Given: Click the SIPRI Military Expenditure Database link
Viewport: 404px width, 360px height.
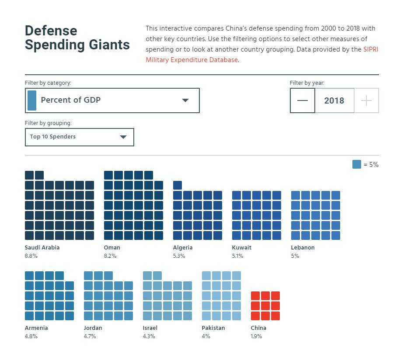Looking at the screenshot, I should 192,60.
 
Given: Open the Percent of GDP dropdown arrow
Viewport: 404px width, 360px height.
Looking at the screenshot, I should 185,100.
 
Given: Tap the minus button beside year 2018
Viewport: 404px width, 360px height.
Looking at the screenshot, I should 302,100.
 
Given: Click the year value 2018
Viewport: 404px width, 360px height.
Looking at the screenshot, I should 334,100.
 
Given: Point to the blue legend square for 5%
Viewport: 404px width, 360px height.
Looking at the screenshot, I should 357,164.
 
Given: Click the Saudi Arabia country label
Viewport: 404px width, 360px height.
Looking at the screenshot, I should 42,247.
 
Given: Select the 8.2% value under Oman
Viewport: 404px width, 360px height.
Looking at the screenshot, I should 110,256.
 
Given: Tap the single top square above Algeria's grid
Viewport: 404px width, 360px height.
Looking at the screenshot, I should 178,185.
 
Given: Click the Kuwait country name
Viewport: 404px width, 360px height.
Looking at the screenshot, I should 242,247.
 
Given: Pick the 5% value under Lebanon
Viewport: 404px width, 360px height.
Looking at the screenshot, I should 295,256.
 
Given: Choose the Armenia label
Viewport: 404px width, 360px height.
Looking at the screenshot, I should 36,328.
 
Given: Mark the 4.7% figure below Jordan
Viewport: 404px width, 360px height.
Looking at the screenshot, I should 90,336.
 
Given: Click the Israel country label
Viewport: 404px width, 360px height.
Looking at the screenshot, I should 150,328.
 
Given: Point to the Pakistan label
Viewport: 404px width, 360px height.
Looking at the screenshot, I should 214,328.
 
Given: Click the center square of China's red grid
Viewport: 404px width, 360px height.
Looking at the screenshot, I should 265,305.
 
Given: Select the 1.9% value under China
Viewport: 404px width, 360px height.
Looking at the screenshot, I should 257,336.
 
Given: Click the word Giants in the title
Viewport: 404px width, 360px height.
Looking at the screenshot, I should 110,45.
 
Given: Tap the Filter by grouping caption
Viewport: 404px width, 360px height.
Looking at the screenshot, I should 48,123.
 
